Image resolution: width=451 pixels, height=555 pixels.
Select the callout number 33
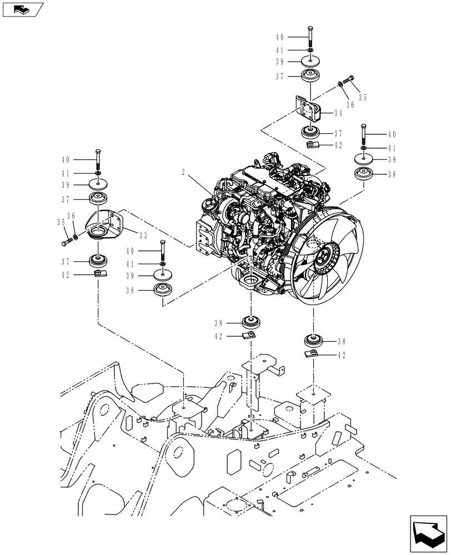pos(143,235)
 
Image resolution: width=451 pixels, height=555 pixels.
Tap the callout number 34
pos(338,113)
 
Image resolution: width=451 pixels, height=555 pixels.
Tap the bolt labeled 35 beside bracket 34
pos(349,80)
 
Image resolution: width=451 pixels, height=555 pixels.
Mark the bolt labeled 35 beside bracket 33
pos(66,241)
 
